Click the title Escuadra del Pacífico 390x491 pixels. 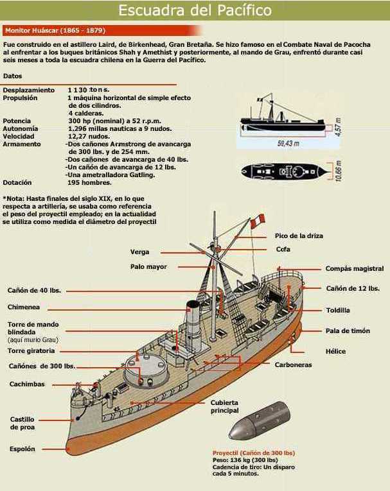pos(195,11)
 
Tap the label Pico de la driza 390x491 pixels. pos(298,236)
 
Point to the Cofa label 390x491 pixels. pos(283,249)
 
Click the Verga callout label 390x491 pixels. pos(139,252)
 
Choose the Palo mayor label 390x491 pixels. pos(148,266)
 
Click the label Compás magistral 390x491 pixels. pos(354,269)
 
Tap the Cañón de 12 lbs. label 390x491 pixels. pos(352,288)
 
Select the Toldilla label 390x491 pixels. pos(337,310)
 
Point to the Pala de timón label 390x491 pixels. pos(347,331)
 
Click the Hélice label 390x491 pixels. pos(335,351)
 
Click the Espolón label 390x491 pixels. pos(22,449)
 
